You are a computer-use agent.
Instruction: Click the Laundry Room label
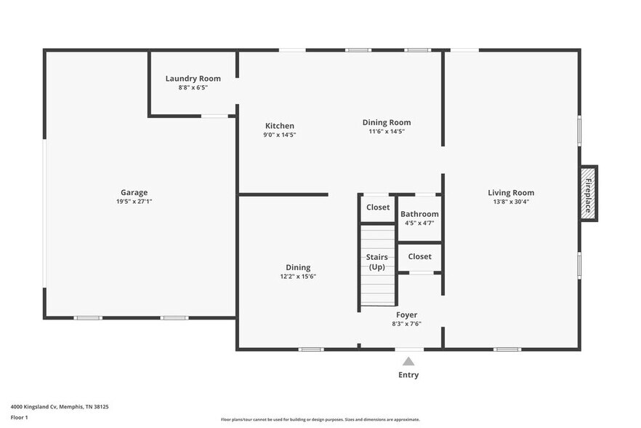coord(193,79)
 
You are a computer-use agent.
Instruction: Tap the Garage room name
coord(134,193)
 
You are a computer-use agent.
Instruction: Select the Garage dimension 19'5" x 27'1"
coord(134,202)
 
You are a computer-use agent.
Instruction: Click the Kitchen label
coord(279,126)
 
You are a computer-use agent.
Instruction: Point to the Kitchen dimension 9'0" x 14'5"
coord(279,135)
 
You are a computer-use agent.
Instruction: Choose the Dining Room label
coord(387,122)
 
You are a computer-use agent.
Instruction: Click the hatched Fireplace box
coord(587,193)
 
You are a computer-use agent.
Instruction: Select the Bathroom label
coord(419,214)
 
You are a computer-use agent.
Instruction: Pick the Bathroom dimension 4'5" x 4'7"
coord(419,223)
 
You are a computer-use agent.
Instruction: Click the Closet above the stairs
coord(378,207)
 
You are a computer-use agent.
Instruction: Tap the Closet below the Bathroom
coord(419,256)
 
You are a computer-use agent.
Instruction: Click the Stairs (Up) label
coord(377,262)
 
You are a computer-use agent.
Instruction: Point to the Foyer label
coord(406,315)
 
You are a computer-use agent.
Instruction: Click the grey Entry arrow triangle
coord(408,361)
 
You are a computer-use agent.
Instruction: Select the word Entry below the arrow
coord(408,375)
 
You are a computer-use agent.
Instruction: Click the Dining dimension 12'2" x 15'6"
coord(298,277)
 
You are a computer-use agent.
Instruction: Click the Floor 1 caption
coord(19,417)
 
